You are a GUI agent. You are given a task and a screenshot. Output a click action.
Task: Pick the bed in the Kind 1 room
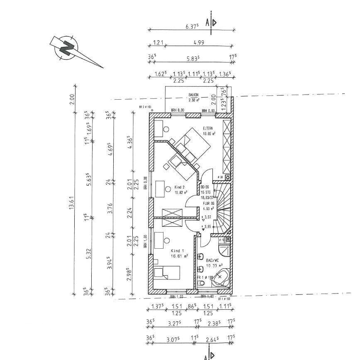coord(167,274)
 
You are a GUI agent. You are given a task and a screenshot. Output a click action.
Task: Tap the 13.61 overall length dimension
coord(71,199)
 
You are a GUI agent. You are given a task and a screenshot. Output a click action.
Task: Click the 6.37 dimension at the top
coord(192,25)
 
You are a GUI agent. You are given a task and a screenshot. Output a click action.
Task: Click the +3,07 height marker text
coord(206,217)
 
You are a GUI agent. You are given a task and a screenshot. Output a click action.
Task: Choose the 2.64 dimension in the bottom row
coord(212,340)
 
